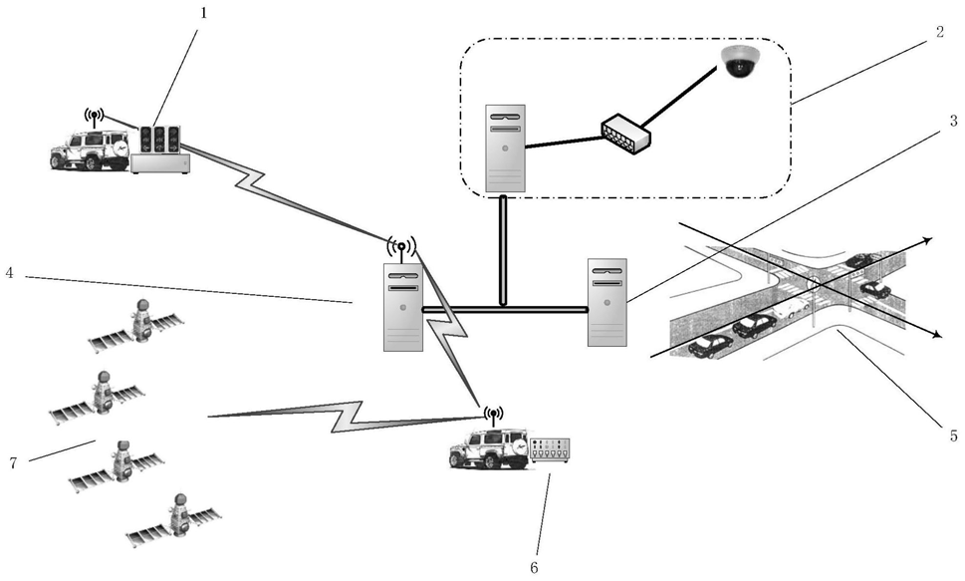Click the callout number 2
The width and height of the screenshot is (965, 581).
click(938, 30)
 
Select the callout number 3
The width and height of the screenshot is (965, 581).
click(953, 121)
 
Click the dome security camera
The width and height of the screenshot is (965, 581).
click(740, 62)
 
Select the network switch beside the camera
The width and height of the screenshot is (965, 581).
click(625, 134)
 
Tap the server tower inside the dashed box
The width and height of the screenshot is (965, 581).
click(505, 147)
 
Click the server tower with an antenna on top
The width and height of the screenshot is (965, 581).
click(402, 307)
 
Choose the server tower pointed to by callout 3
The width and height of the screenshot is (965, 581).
click(606, 302)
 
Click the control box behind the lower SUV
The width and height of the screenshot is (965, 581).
click(550, 449)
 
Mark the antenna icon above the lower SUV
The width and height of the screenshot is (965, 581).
click(493, 414)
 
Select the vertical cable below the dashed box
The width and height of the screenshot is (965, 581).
click(504, 248)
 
